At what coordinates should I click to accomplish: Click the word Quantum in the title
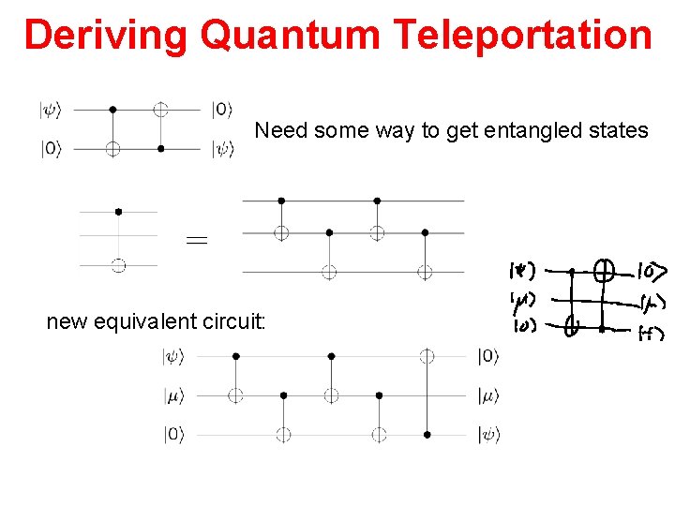pos(291,36)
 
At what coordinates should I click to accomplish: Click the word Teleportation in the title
pos(523,36)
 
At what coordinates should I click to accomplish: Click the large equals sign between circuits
pos(197,241)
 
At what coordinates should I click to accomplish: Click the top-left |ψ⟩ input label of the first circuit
pos(50,110)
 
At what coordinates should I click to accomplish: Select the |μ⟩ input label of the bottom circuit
pos(176,395)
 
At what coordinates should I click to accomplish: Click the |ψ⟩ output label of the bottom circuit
pos(488,435)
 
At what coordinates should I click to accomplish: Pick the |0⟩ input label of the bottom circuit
pos(176,435)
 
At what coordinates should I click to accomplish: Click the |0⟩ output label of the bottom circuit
pos(488,356)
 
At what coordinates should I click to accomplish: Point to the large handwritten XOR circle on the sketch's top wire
pos(605,272)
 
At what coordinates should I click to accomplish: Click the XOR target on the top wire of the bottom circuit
pos(427,356)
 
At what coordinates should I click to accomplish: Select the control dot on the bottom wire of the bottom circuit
pos(427,435)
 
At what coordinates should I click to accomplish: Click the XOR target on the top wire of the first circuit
pos(161,110)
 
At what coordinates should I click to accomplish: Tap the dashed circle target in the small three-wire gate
pos(118,266)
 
